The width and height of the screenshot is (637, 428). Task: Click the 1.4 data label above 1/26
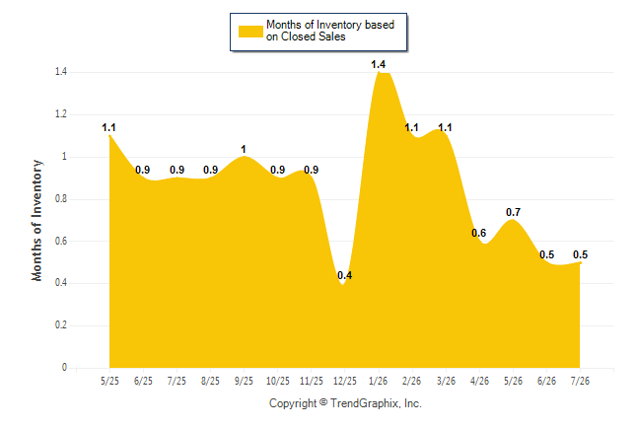pyautogui.click(x=378, y=64)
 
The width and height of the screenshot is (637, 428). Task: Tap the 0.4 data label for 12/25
pyautogui.click(x=344, y=275)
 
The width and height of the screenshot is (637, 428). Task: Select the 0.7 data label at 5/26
pyautogui.click(x=513, y=212)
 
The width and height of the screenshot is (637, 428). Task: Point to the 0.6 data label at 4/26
pyautogui.click(x=478, y=233)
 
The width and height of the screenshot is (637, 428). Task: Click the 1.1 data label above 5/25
pyautogui.click(x=108, y=127)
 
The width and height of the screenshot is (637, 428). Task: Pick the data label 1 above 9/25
pyautogui.click(x=244, y=149)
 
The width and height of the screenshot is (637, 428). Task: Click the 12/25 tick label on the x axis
pyautogui.click(x=344, y=381)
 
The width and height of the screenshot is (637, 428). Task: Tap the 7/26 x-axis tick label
pyautogui.click(x=580, y=381)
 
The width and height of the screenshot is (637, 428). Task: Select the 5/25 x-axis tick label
pyautogui.click(x=109, y=381)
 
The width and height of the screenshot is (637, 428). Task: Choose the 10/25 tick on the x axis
pyautogui.click(x=277, y=381)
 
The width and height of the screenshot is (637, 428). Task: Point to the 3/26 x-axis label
pyautogui.click(x=446, y=381)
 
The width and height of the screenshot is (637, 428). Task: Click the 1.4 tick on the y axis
pyautogui.click(x=61, y=72)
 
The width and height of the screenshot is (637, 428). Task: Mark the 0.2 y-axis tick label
pyautogui.click(x=61, y=325)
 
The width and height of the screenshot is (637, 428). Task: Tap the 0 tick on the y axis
pyautogui.click(x=64, y=368)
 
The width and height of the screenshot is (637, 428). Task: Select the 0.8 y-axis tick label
pyautogui.click(x=61, y=199)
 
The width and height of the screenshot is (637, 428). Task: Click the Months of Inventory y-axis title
pyautogui.click(x=36, y=220)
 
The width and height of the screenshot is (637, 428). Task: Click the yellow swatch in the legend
pyautogui.click(x=250, y=32)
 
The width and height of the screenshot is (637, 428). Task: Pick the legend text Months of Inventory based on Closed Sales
pyautogui.click(x=330, y=31)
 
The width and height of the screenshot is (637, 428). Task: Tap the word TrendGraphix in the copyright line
pyautogui.click(x=365, y=403)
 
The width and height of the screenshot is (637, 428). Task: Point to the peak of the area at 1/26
pyautogui.click(x=379, y=72)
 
